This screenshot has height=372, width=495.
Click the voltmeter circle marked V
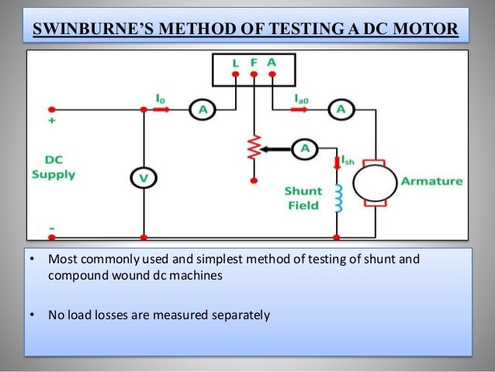[x=144, y=178]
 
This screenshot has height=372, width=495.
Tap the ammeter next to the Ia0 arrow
[x=338, y=110]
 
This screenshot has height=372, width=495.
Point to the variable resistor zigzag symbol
[x=252, y=147]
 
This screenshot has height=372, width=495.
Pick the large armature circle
[x=375, y=183]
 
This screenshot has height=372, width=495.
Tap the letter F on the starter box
[x=254, y=61]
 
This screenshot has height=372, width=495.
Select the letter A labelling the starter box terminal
[x=272, y=61]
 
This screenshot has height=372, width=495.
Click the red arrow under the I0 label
[x=161, y=110]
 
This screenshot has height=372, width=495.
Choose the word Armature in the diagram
[x=431, y=181]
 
